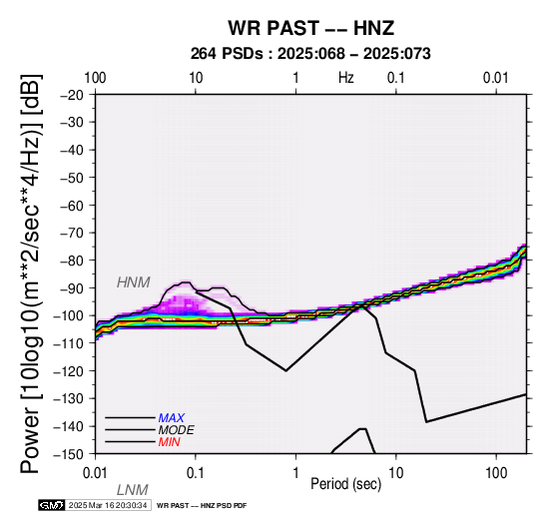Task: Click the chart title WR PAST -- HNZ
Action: (x=310, y=28)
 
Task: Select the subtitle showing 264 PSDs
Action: (x=310, y=54)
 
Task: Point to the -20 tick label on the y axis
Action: (x=72, y=95)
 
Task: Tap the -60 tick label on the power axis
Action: (x=72, y=206)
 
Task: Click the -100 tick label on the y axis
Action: (x=68, y=315)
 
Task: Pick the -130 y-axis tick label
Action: (x=68, y=399)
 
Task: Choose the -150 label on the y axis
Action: (x=68, y=454)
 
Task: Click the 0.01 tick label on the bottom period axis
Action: (x=95, y=473)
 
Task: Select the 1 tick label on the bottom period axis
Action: (x=295, y=473)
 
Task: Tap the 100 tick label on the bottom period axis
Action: (x=496, y=473)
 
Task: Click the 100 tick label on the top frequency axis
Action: (x=95, y=78)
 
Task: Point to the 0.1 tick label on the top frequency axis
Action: (x=395, y=78)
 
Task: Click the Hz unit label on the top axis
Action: (x=346, y=78)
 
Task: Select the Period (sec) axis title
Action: (x=346, y=484)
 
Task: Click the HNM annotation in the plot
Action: (x=134, y=282)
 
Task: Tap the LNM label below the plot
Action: (x=132, y=490)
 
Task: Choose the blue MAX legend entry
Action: (x=171, y=418)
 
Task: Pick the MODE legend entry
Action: (x=176, y=430)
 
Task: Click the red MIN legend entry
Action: (x=169, y=442)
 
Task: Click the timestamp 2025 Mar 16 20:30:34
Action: (x=108, y=505)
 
